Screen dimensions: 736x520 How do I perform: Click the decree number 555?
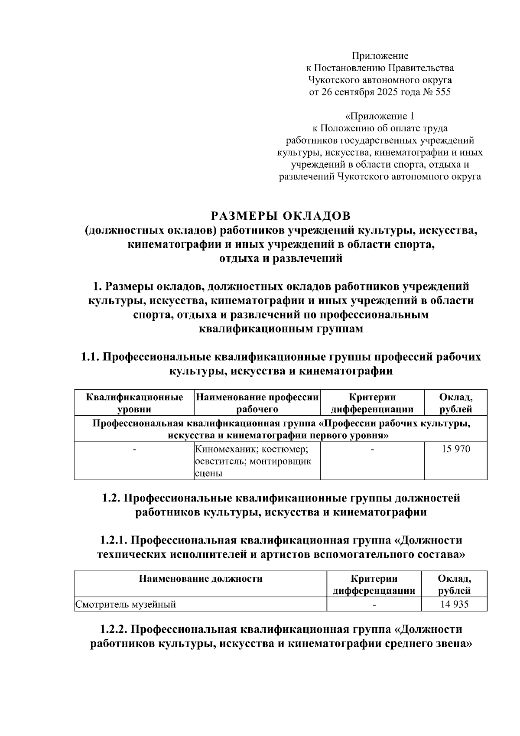tap(441, 92)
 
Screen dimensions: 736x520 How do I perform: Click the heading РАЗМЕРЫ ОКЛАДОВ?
tap(280, 215)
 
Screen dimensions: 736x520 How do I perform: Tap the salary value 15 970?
tap(455, 449)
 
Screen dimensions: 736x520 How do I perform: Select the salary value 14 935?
tap(454, 604)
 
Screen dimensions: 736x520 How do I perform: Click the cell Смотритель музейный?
tap(126, 604)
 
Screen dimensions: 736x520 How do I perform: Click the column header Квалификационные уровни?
tap(134, 403)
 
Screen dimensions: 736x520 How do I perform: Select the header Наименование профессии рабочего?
tap(257, 403)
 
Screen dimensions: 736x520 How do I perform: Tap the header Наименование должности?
tap(200, 579)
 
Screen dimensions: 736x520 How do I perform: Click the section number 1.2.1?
tap(113, 541)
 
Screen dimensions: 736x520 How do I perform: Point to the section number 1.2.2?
tap(113, 629)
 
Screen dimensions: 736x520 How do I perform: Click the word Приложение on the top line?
tap(380, 55)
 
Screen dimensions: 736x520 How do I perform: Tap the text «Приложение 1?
tap(380, 116)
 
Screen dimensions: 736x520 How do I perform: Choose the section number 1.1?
tap(90, 357)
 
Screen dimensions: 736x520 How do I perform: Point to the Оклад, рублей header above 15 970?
tap(455, 403)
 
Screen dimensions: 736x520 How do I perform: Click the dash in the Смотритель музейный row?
tap(374, 604)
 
